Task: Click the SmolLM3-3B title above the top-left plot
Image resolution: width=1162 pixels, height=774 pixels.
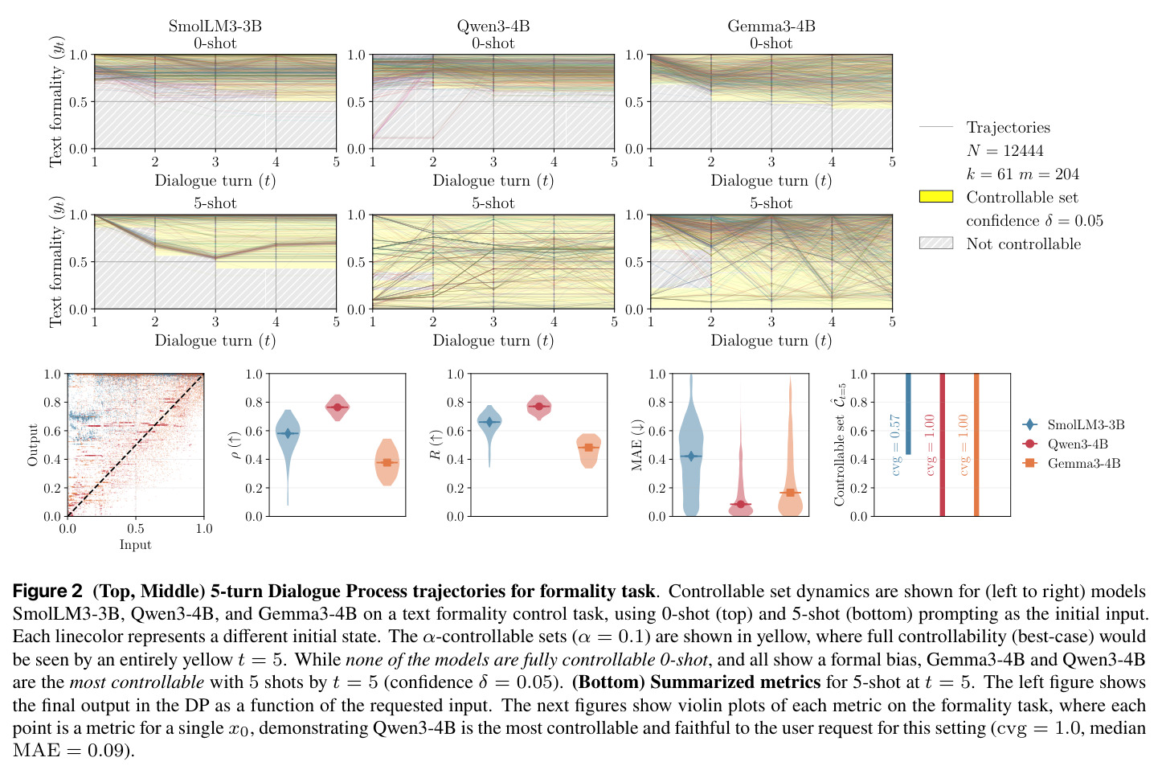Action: (x=215, y=26)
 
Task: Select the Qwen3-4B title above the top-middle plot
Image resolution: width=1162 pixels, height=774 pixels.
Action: (x=493, y=26)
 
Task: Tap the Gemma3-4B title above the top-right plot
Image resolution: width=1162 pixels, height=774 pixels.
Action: (x=771, y=26)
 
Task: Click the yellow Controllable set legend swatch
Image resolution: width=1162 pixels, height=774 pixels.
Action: (x=936, y=197)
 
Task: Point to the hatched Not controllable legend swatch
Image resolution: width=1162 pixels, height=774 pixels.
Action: (x=936, y=244)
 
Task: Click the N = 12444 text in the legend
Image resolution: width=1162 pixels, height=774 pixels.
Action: (x=1004, y=150)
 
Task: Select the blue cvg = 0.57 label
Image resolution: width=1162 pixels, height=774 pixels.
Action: (x=895, y=444)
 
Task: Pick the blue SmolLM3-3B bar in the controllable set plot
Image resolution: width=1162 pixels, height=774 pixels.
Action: (x=908, y=414)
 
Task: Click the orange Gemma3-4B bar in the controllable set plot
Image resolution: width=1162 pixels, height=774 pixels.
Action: (x=976, y=445)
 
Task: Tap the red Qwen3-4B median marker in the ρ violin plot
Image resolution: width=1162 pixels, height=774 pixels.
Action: (x=338, y=407)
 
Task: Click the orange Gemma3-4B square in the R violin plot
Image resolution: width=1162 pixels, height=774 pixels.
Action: (x=589, y=447)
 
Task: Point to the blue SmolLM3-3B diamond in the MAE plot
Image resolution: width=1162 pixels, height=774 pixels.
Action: (x=691, y=456)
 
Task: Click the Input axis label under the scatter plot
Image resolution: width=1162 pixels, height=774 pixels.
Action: (x=135, y=545)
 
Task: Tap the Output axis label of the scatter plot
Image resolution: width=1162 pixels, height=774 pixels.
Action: (x=33, y=445)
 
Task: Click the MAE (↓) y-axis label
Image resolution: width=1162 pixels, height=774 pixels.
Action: (x=637, y=445)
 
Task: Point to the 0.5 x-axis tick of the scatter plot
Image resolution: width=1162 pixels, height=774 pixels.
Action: (x=135, y=529)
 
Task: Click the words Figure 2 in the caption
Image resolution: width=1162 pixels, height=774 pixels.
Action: (x=47, y=591)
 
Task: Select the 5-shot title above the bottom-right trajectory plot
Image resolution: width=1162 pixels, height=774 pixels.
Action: (x=771, y=203)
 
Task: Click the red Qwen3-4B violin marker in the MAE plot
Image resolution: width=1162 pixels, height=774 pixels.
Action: (x=741, y=504)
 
